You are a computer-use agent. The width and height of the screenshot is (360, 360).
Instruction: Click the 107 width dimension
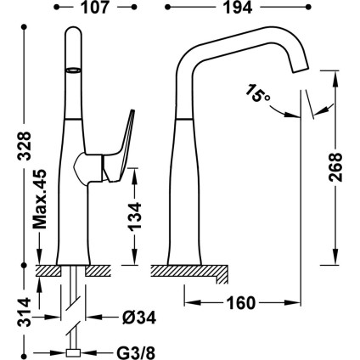pos(95,8)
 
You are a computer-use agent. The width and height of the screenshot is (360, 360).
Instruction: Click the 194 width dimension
pos(238,8)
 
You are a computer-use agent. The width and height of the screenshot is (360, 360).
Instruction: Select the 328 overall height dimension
pos(24,146)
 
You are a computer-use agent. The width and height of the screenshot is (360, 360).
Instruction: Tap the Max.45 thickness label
pos(39,200)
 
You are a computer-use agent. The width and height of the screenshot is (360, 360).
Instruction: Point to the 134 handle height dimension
pos(135,217)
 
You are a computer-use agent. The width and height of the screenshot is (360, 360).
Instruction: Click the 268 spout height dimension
pos(335,167)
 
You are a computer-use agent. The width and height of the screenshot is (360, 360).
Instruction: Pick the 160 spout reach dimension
pos(241,303)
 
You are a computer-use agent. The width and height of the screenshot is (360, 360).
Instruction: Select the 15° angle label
pos(257,93)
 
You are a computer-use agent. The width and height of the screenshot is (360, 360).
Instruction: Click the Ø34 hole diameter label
pos(139,318)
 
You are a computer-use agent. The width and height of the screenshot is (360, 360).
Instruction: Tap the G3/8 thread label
pos(136,353)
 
